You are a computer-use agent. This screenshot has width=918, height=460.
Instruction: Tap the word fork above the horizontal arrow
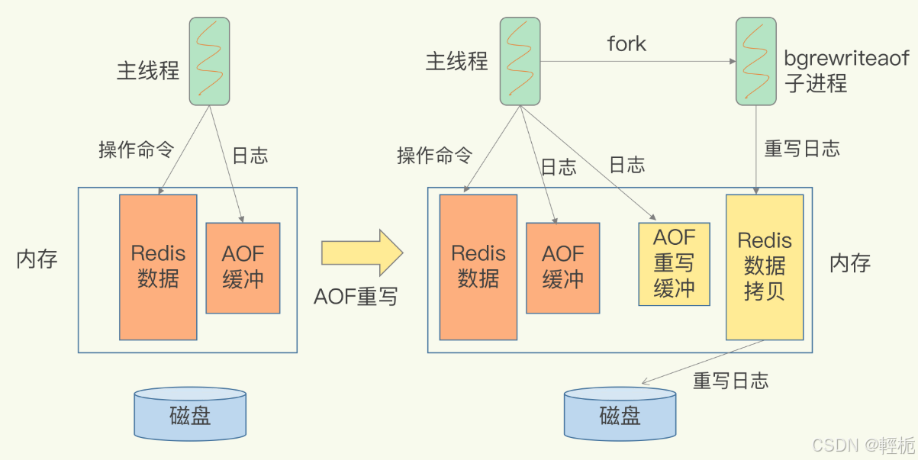[x=626, y=44]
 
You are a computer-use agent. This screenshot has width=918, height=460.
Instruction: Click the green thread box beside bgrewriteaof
[x=755, y=61]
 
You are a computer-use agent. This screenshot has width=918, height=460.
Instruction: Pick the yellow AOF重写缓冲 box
[x=674, y=264]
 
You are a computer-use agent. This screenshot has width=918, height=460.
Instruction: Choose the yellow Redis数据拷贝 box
[x=764, y=266]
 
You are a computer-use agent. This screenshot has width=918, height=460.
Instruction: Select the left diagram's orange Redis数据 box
[x=158, y=266]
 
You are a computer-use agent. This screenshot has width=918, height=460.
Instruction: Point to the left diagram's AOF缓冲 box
[x=243, y=267]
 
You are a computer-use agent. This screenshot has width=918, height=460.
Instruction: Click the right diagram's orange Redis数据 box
[x=478, y=266]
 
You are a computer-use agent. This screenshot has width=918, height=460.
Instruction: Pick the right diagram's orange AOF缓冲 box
[x=562, y=267]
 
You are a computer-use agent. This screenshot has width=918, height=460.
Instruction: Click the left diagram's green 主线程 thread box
[x=209, y=61]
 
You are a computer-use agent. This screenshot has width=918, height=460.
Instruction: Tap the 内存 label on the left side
[x=37, y=259]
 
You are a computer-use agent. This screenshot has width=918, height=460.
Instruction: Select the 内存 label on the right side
[x=850, y=264]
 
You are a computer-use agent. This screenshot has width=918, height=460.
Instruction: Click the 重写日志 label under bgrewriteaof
[x=802, y=149]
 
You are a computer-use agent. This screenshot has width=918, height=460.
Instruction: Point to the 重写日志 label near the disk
[x=730, y=381]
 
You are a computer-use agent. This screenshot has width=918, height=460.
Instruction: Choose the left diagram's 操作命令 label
[x=137, y=150]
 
